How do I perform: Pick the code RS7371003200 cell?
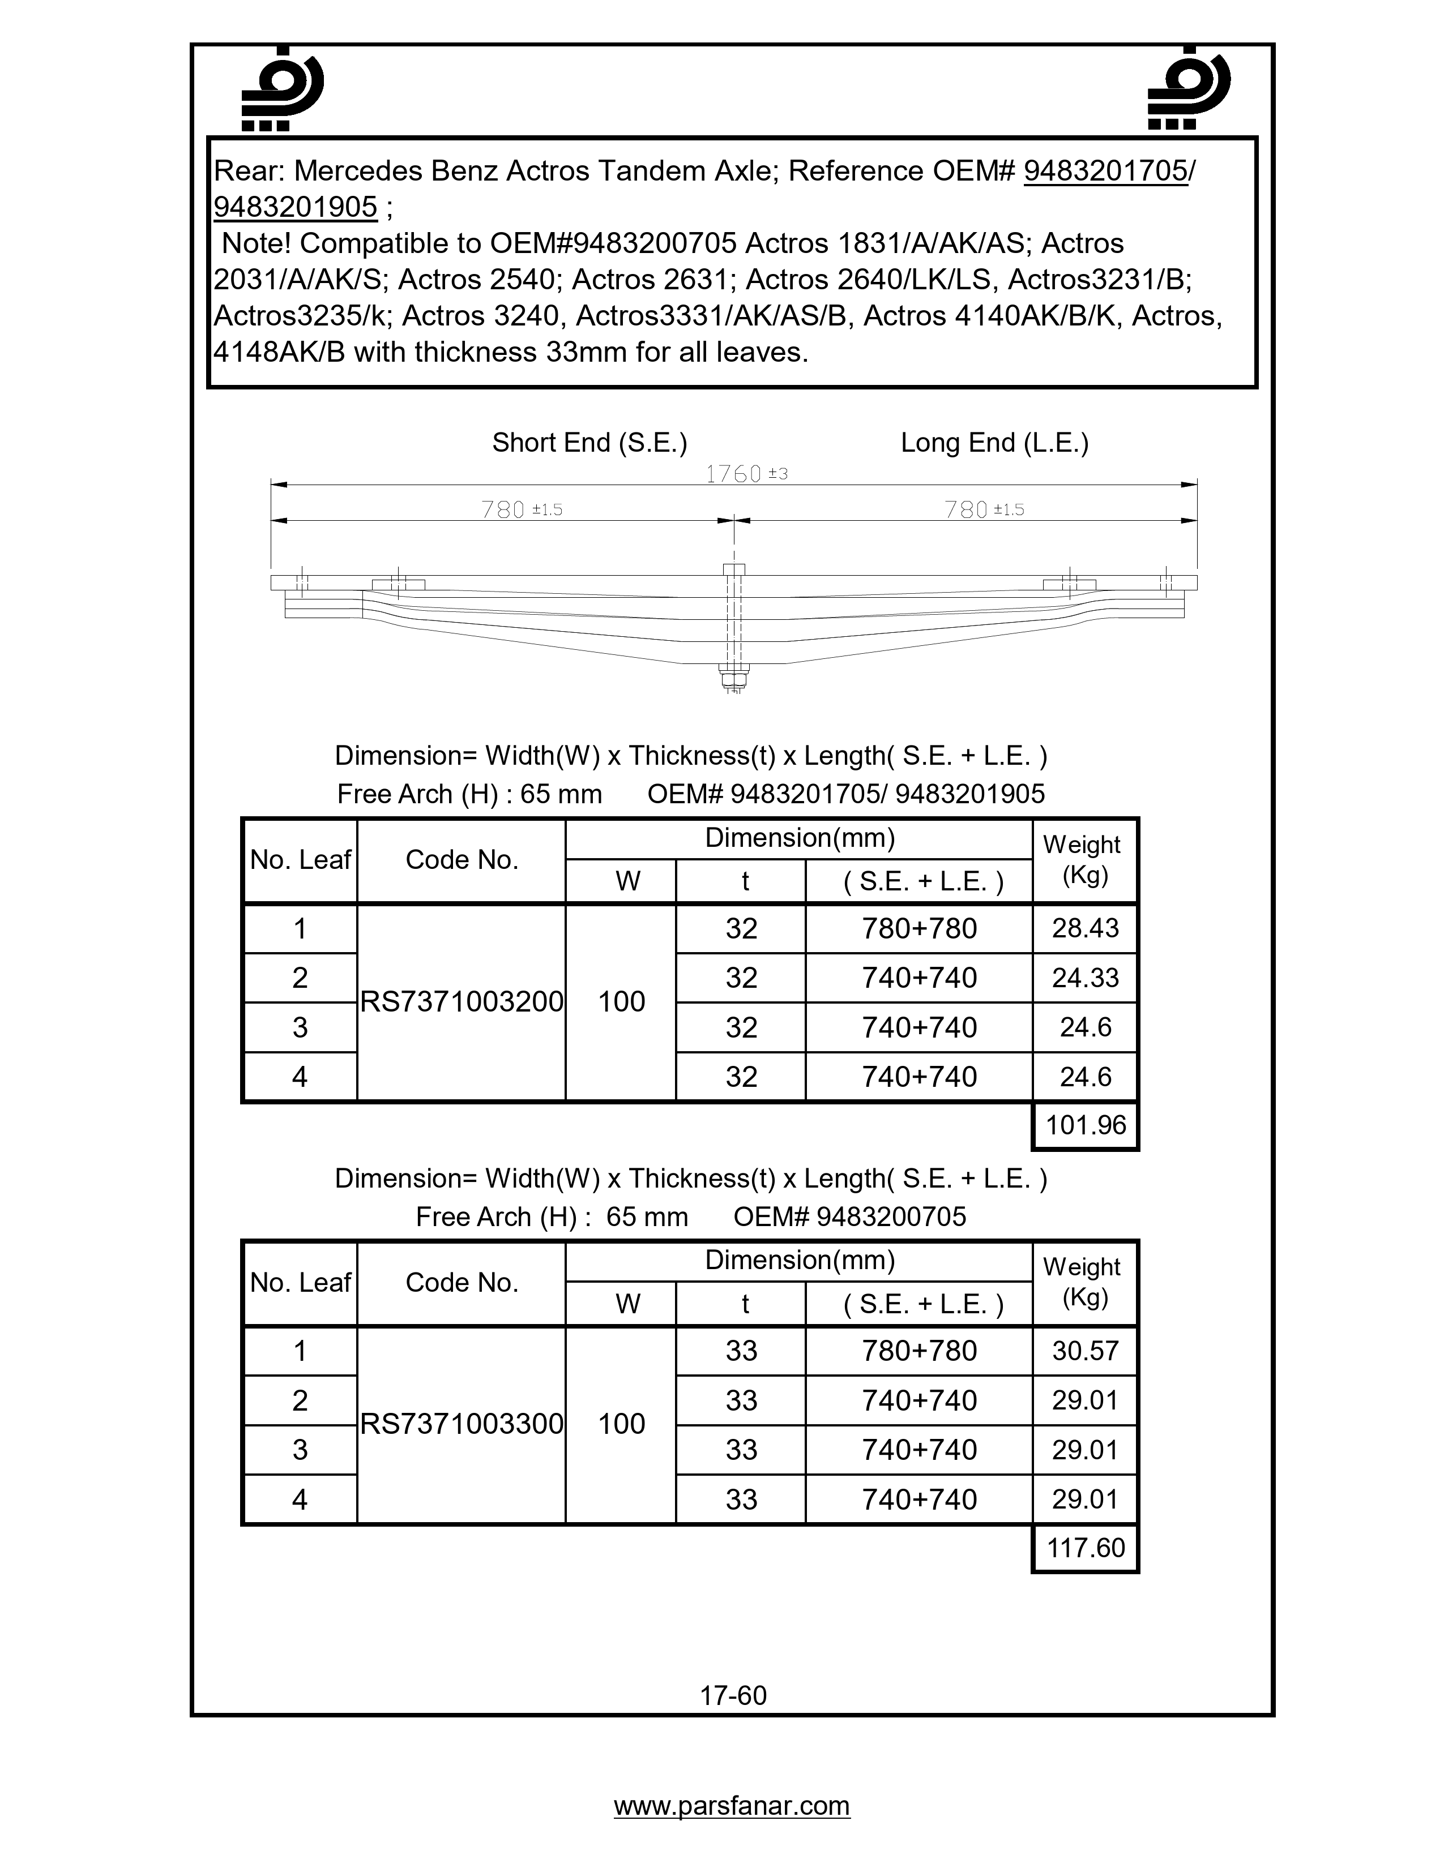461,1001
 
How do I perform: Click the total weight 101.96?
1086,1125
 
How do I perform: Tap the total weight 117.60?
1086,1547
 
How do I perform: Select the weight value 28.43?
1085,928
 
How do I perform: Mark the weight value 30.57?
1085,1351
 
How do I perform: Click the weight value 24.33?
1085,978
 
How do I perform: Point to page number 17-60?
733,1695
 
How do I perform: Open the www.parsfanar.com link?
732,1806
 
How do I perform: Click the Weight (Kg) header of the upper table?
1084,860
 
